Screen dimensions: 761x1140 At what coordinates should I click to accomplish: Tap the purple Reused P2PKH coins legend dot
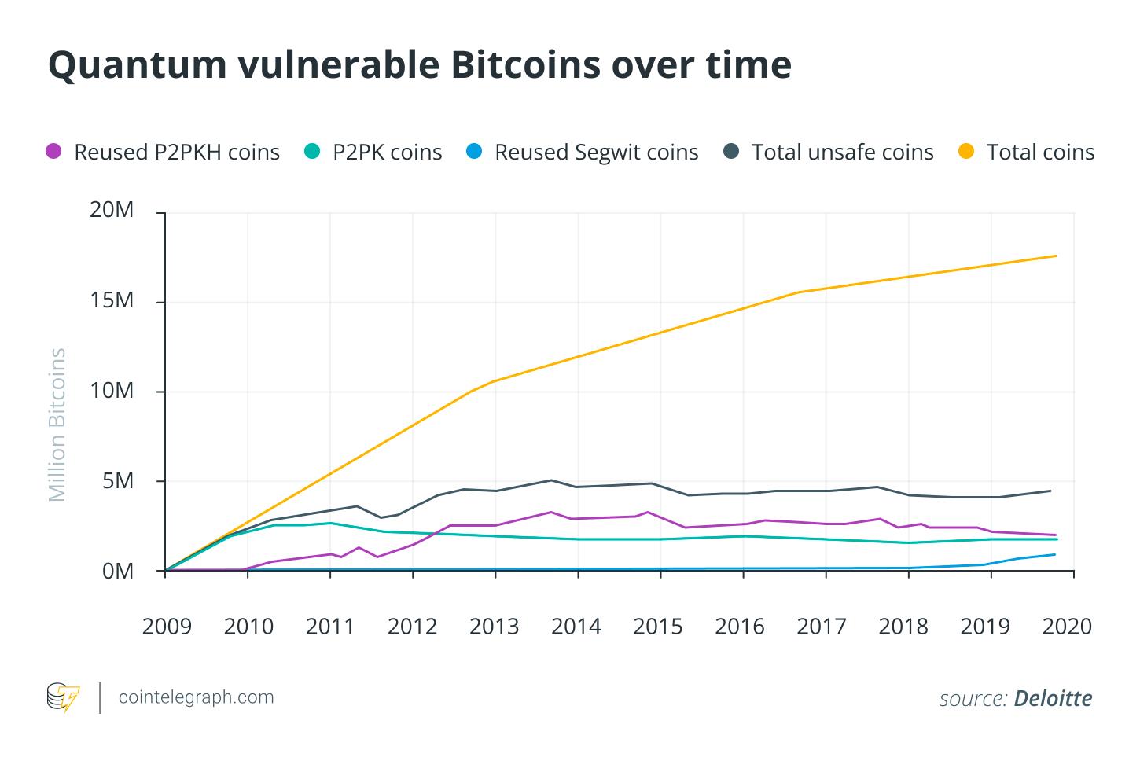pyautogui.click(x=54, y=152)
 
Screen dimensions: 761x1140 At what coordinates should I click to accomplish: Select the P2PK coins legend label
pyautogui.click(x=387, y=152)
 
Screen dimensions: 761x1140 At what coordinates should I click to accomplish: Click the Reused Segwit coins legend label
pyautogui.click(x=596, y=152)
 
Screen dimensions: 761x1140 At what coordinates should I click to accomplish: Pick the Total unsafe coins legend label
pyautogui.click(x=842, y=152)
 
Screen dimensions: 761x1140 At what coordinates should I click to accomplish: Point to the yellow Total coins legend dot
pyautogui.click(x=967, y=152)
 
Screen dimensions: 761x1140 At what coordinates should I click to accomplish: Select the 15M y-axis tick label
pyautogui.click(x=113, y=302)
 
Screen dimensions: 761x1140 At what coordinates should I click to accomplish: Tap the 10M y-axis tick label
pyautogui.click(x=113, y=392)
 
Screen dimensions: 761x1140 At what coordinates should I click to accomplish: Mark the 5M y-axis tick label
pyautogui.click(x=119, y=481)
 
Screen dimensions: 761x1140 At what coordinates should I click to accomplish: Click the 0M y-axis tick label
pyautogui.click(x=119, y=571)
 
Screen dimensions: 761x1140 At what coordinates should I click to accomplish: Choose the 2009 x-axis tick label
pyautogui.click(x=166, y=627)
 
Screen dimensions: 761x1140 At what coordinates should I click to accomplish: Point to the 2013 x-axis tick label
pyautogui.click(x=495, y=627)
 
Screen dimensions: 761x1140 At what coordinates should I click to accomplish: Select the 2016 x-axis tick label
pyautogui.click(x=740, y=627)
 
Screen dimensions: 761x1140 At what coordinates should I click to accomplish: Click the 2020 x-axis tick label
pyautogui.click(x=1067, y=627)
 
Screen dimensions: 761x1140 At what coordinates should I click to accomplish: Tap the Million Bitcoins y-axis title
pyautogui.click(x=57, y=425)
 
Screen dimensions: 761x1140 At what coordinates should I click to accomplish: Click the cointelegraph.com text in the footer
pyautogui.click(x=196, y=697)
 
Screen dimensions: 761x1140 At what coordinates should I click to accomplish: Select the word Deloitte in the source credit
pyautogui.click(x=1053, y=698)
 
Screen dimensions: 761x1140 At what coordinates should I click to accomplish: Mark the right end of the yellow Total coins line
pyautogui.click(x=1056, y=256)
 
